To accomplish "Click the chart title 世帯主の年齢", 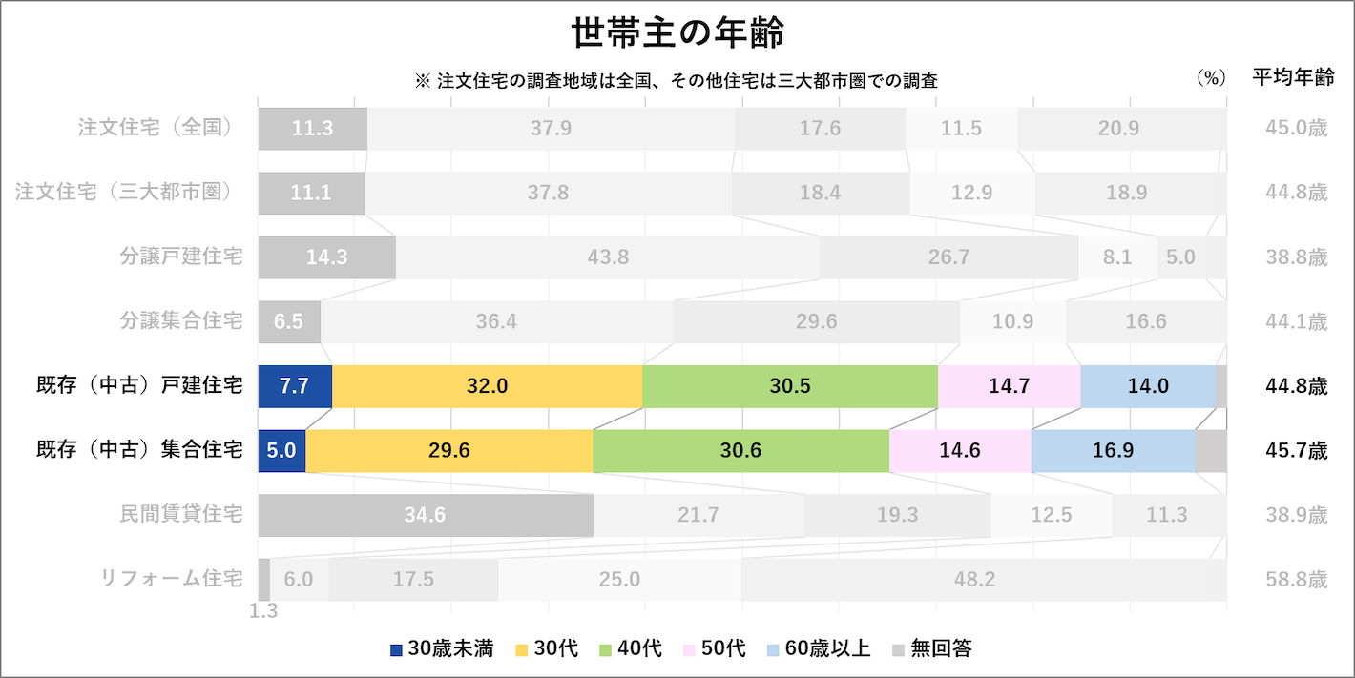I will click(x=677, y=33).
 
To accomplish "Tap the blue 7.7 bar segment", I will click(x=295, y=386).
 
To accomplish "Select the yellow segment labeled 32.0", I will click(x=487, y=386).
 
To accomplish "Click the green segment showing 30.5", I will click(x=790, y=386).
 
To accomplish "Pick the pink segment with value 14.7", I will click(x=1009, y=386).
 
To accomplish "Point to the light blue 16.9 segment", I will click(x=1113, y=450).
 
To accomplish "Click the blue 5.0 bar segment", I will click(x=281, y=450).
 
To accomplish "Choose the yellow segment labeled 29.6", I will click(x=448, y=450).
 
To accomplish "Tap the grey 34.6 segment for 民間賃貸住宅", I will click(x=426, y=515).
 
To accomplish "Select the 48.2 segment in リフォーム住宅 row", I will click(x=975, y=580).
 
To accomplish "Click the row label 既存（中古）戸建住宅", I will click(x=139, y=386).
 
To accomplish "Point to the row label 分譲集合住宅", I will click(x=180, y=321).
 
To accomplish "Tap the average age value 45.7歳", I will click(x=1294, y=450).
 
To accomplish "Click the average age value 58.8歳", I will click(x=1294, y=580).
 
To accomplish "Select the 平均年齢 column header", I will click(x=1293, y=79).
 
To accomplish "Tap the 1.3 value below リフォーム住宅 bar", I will click(x=263, y=611).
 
